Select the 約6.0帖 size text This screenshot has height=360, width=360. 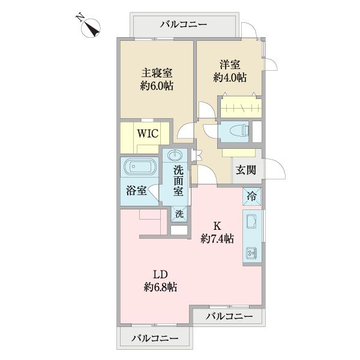157,86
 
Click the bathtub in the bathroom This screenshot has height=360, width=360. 139,167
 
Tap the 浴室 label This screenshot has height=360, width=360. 136,191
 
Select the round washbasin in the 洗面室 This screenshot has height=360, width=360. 176,156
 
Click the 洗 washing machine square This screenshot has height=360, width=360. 179,212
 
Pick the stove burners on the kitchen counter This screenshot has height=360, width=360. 252,253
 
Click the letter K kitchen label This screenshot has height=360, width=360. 217,226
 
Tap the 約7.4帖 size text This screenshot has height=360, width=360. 217,239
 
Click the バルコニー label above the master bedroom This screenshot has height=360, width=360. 184,25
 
